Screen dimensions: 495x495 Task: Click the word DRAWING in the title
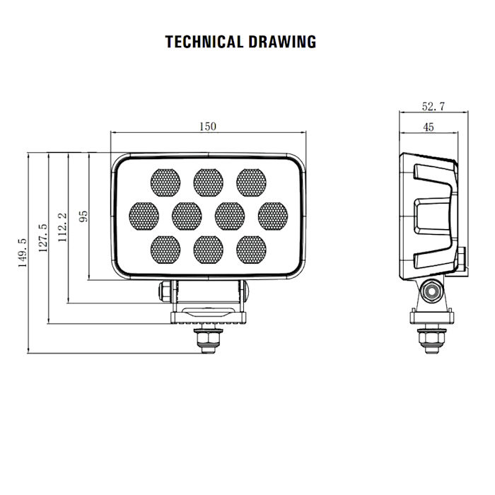[282, 42]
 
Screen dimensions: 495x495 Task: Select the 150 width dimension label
[207, 127]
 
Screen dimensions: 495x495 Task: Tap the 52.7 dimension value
[433, 107]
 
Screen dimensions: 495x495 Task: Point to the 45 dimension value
[428, 127]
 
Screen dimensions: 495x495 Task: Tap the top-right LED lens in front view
[251, 182]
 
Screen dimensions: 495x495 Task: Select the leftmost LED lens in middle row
[144, 216]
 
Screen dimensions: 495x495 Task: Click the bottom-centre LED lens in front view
[208, 249]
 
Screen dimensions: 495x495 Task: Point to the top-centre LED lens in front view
[208, 182]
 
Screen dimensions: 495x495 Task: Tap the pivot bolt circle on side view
[431, 291]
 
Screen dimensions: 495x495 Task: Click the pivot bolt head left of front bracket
[165, 291]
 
